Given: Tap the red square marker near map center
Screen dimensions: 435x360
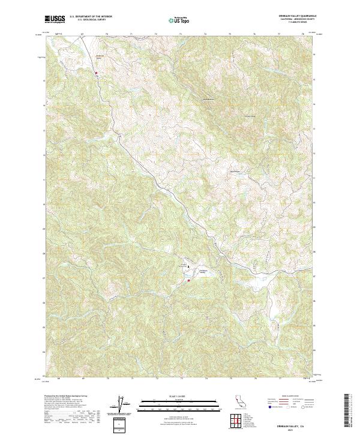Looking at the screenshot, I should [188, 280].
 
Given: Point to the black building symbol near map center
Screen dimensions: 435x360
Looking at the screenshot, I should [189, 266].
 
